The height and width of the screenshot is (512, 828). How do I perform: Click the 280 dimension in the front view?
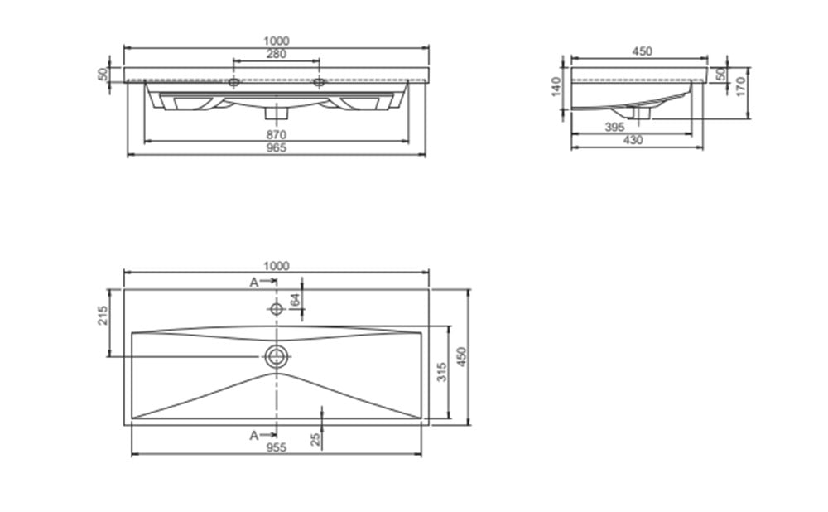pos(277,54)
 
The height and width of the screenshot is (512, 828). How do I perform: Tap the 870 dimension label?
pos(277,135)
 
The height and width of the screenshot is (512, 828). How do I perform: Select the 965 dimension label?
pos(277,148)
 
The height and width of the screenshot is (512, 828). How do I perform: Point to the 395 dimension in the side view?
pos(614,127)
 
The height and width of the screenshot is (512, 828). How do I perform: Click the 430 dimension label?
pos(633,140)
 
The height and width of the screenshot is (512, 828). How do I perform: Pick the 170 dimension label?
pos(740,86)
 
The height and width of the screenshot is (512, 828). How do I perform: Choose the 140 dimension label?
pos(556,87)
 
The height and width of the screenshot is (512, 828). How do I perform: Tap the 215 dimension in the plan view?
pos(103,316)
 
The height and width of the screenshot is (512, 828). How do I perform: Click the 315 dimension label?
pos(442,371)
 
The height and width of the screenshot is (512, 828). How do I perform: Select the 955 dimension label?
pos(277,448)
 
